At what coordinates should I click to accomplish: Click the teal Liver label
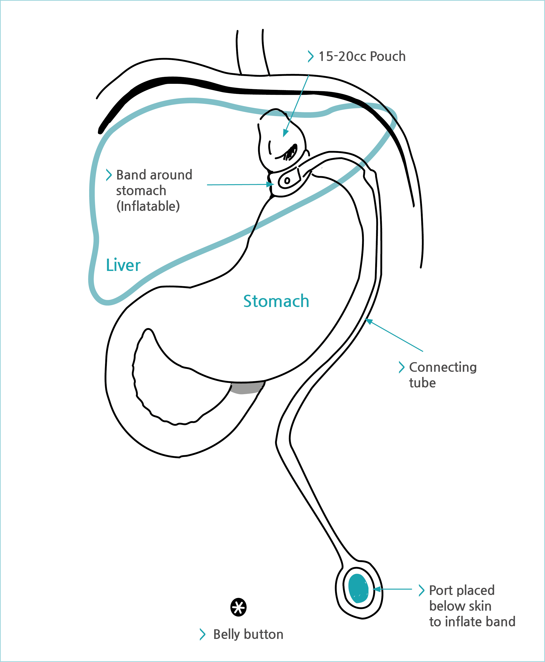pos(123,265)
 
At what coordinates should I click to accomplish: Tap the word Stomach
pos(276,301)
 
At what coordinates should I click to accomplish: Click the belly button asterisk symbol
pos(238,607)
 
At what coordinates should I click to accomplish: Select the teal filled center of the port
pos(358,588)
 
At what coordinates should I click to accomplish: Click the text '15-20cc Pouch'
pos(362,56)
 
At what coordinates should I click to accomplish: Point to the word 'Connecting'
pos(443,368)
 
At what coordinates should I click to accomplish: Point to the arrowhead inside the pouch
pos(285,133)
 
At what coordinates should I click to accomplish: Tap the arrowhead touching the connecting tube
pos(369,321)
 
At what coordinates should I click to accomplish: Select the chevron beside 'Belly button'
pos(203,634)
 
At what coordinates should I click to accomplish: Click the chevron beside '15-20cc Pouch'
pos(310,56)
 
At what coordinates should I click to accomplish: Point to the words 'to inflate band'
pos(472,622)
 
